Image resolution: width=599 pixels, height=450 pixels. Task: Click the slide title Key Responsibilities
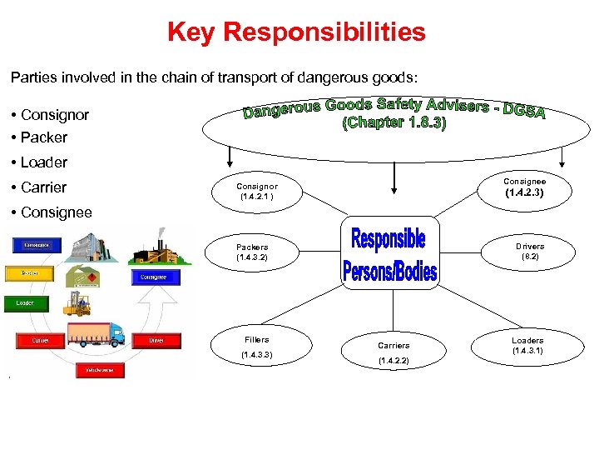coord(296,32)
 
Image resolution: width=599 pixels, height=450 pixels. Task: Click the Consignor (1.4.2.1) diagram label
coord(257,192)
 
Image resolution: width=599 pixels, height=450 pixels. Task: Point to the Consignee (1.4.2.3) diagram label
coord(525,187)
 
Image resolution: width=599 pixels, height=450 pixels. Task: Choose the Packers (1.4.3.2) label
coord(252,252)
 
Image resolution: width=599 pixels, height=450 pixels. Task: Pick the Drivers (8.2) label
coord(530,252)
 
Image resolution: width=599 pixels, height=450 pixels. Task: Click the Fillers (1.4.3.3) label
coord(257,347)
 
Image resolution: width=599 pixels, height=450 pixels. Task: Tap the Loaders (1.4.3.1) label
coord(527,346)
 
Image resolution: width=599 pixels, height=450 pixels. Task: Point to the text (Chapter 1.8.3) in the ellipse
coord(394,124)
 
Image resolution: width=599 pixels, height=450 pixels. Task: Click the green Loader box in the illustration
coord(25,303)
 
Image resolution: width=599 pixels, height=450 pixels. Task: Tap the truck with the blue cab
coord(97,335)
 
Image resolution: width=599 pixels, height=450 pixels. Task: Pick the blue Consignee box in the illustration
coord(152,277)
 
